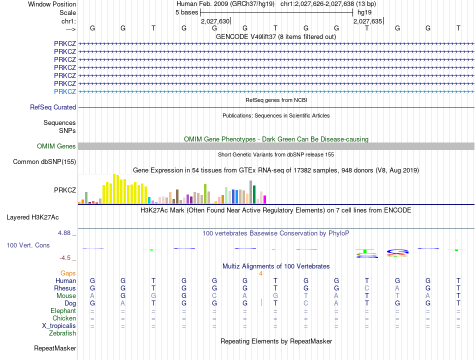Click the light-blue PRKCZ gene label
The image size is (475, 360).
(x=65, y=91)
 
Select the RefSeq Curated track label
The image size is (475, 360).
(x=53, y=107)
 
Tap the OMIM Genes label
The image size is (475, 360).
(x=56, y=146)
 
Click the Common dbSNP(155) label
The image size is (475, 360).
(x=44, y=162)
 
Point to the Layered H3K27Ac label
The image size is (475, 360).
(x=32, y=217)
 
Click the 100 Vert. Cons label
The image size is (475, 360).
(x=28, y=245)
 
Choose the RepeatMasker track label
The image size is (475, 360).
(x=55, y=348)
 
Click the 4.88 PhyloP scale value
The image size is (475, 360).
(x=64, y=232)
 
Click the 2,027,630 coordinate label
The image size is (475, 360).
(x=215, y=21)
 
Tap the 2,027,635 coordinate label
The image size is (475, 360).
(x=368, y=21)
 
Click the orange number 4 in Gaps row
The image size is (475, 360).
(x=260, y=273)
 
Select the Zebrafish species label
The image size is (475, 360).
(x=62, y=333)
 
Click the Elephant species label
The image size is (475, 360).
(x=63, y=311)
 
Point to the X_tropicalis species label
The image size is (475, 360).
(x=59, y=326)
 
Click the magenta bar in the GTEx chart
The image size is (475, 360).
(x=265, y=199)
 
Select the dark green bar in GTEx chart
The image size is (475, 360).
(x=254, y=194)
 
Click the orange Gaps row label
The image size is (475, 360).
(x=68, y=273)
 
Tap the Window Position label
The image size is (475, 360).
(x=52, y=4)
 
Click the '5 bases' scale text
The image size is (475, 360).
(x=186, y=12)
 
